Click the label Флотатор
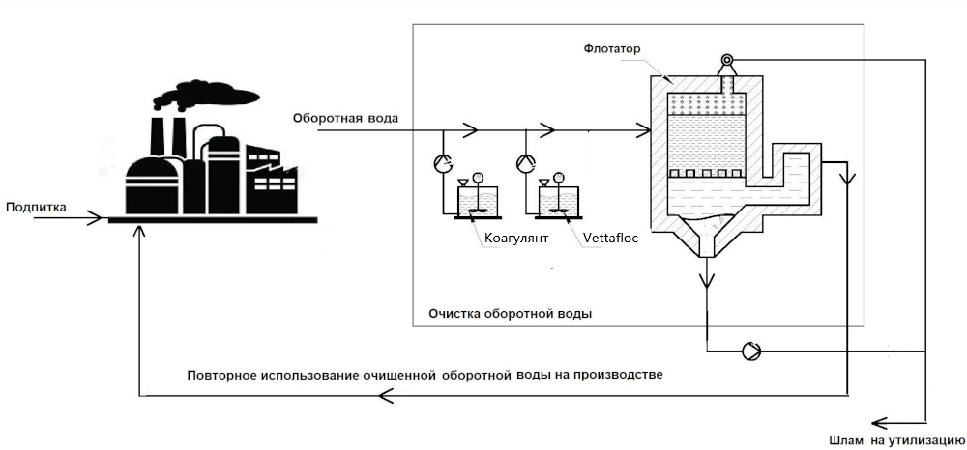click(612, 48)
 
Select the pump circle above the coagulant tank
click(443, 162)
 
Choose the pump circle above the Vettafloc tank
click(525, 162)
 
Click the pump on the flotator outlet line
click(751, 351)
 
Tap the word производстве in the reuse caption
click(616, 374)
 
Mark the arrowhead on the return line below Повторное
click(385, 394)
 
